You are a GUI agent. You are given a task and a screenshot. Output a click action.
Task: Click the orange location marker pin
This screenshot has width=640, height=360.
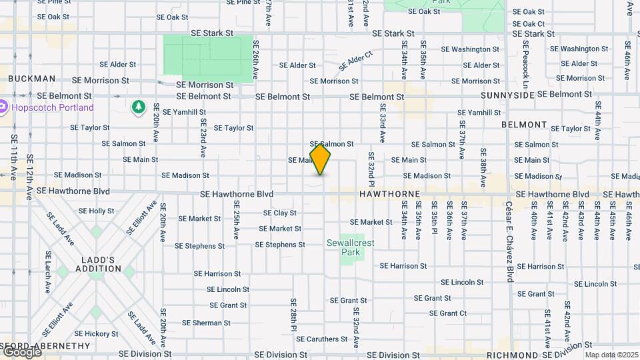pos(320,159)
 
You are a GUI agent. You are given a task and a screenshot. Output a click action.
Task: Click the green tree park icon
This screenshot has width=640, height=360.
pos(138,107)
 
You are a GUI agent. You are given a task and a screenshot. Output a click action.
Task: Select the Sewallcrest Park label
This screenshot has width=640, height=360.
pos(351,248)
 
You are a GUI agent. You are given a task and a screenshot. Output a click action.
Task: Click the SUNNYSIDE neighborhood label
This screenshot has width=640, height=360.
pos(507,95)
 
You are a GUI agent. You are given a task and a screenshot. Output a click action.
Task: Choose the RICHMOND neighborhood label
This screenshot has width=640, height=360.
pos(511,355)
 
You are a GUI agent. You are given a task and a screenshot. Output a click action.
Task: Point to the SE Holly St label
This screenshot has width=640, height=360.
pos(97,211)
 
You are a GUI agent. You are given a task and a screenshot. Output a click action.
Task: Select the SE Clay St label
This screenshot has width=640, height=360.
pos(280,213)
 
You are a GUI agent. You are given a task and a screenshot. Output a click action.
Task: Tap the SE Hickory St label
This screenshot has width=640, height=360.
pos(97,334)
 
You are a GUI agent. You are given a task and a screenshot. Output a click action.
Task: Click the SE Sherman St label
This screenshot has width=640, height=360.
pos(207,323)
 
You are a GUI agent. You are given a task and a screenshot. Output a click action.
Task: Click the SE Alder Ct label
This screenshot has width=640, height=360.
pos(355,61)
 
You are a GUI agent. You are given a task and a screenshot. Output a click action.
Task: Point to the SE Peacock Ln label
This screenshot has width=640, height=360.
pos(525,65)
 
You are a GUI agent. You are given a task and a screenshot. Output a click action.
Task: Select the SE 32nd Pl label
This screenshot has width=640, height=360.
pos(371,165)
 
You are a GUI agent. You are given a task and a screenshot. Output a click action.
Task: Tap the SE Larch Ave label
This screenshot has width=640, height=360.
pos(47,272)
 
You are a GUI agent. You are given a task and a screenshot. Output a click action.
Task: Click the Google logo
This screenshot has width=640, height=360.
pos(22,351)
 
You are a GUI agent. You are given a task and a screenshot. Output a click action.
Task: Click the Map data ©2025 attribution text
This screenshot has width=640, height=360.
pos(611,355)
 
